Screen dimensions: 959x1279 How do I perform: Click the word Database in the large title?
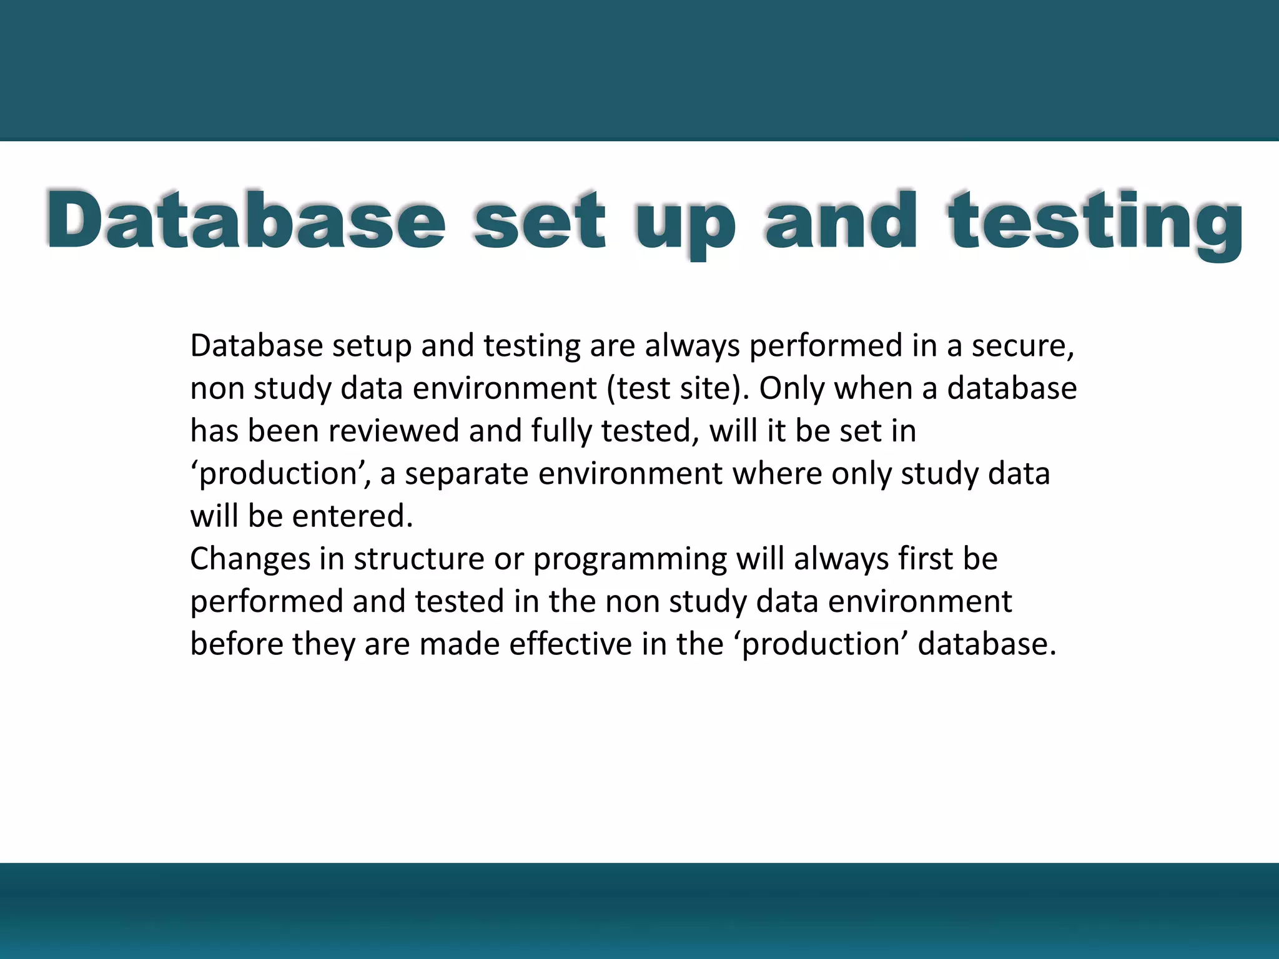click(245, 221)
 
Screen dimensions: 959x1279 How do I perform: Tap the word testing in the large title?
click(1095, 224)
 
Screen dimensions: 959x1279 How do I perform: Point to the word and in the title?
click(841, 221)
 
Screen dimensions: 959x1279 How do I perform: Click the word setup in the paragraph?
click(372, 347)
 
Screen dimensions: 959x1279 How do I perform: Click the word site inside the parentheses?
click(714, 388)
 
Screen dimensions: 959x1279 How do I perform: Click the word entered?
click(352, 516)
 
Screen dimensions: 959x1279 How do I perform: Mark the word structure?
click(418, 559)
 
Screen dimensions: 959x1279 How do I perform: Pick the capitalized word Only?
click(792, 389)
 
